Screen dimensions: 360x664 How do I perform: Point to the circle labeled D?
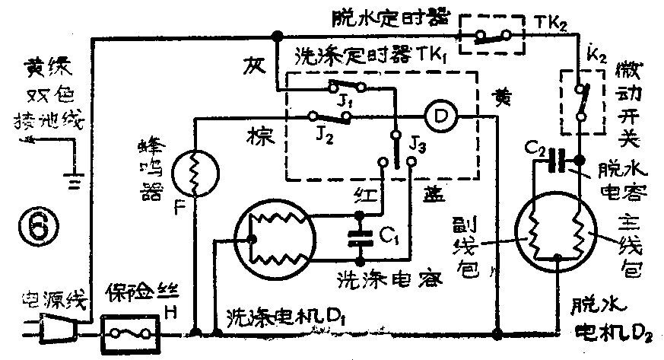pos(438,115)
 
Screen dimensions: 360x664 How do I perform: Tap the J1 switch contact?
pos(346,86)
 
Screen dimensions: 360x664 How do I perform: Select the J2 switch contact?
pos(329,116)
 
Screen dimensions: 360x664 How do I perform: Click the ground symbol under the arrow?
pos(73,182)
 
